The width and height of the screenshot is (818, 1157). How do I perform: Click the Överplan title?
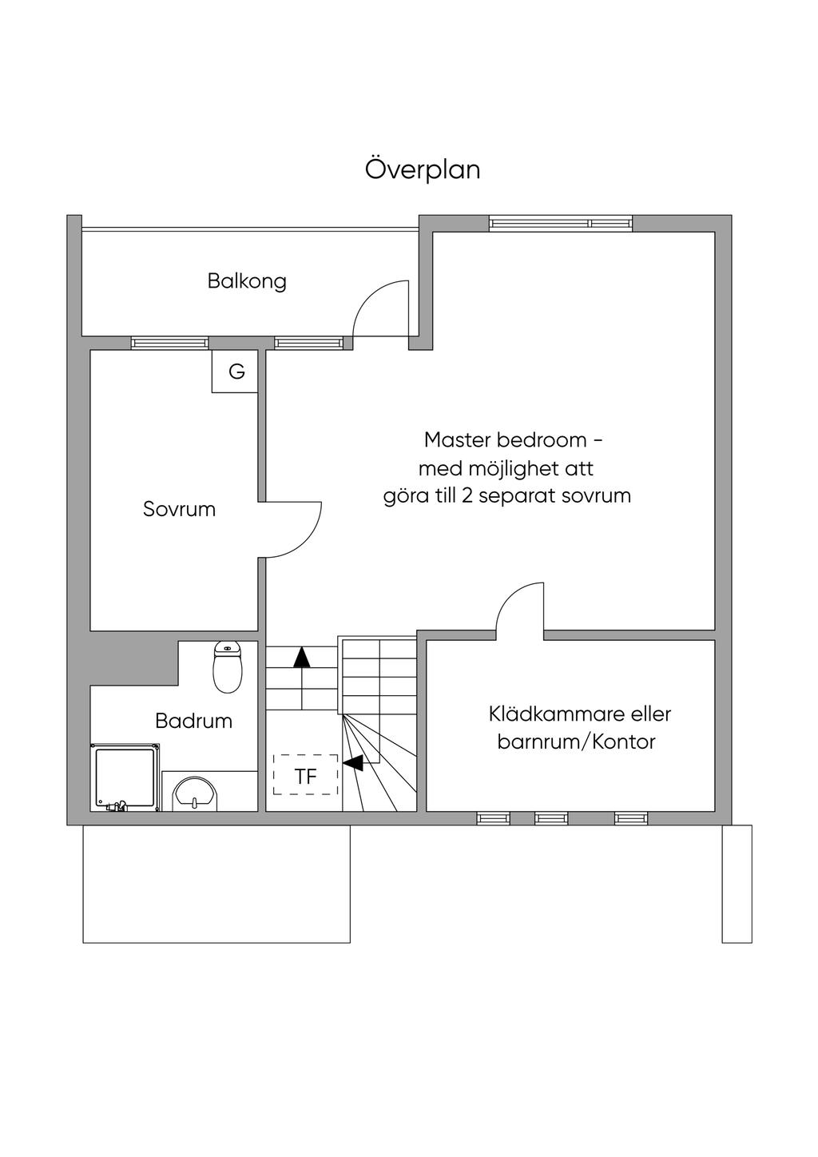click(423, 170)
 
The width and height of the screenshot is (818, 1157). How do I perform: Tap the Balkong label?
click(247, 281)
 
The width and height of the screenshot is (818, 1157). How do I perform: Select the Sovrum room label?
click(179, 509)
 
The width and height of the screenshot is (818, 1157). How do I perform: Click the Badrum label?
click(193, 721)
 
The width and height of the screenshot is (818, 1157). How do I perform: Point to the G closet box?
click(236, 372)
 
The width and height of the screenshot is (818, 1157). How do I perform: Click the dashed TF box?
click(305, 775)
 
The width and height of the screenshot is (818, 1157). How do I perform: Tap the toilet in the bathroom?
click(228, 668)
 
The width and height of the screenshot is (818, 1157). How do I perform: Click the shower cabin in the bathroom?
click(125, 777)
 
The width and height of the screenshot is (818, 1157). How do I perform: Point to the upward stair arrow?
click(301, 658)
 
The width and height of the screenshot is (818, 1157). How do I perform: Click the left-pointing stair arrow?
click(352, 763)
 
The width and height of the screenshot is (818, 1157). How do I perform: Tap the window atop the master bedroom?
click(561, 223)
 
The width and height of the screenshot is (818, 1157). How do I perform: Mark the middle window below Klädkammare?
click(551, 817)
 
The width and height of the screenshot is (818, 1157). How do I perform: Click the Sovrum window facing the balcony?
click(170, 343)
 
